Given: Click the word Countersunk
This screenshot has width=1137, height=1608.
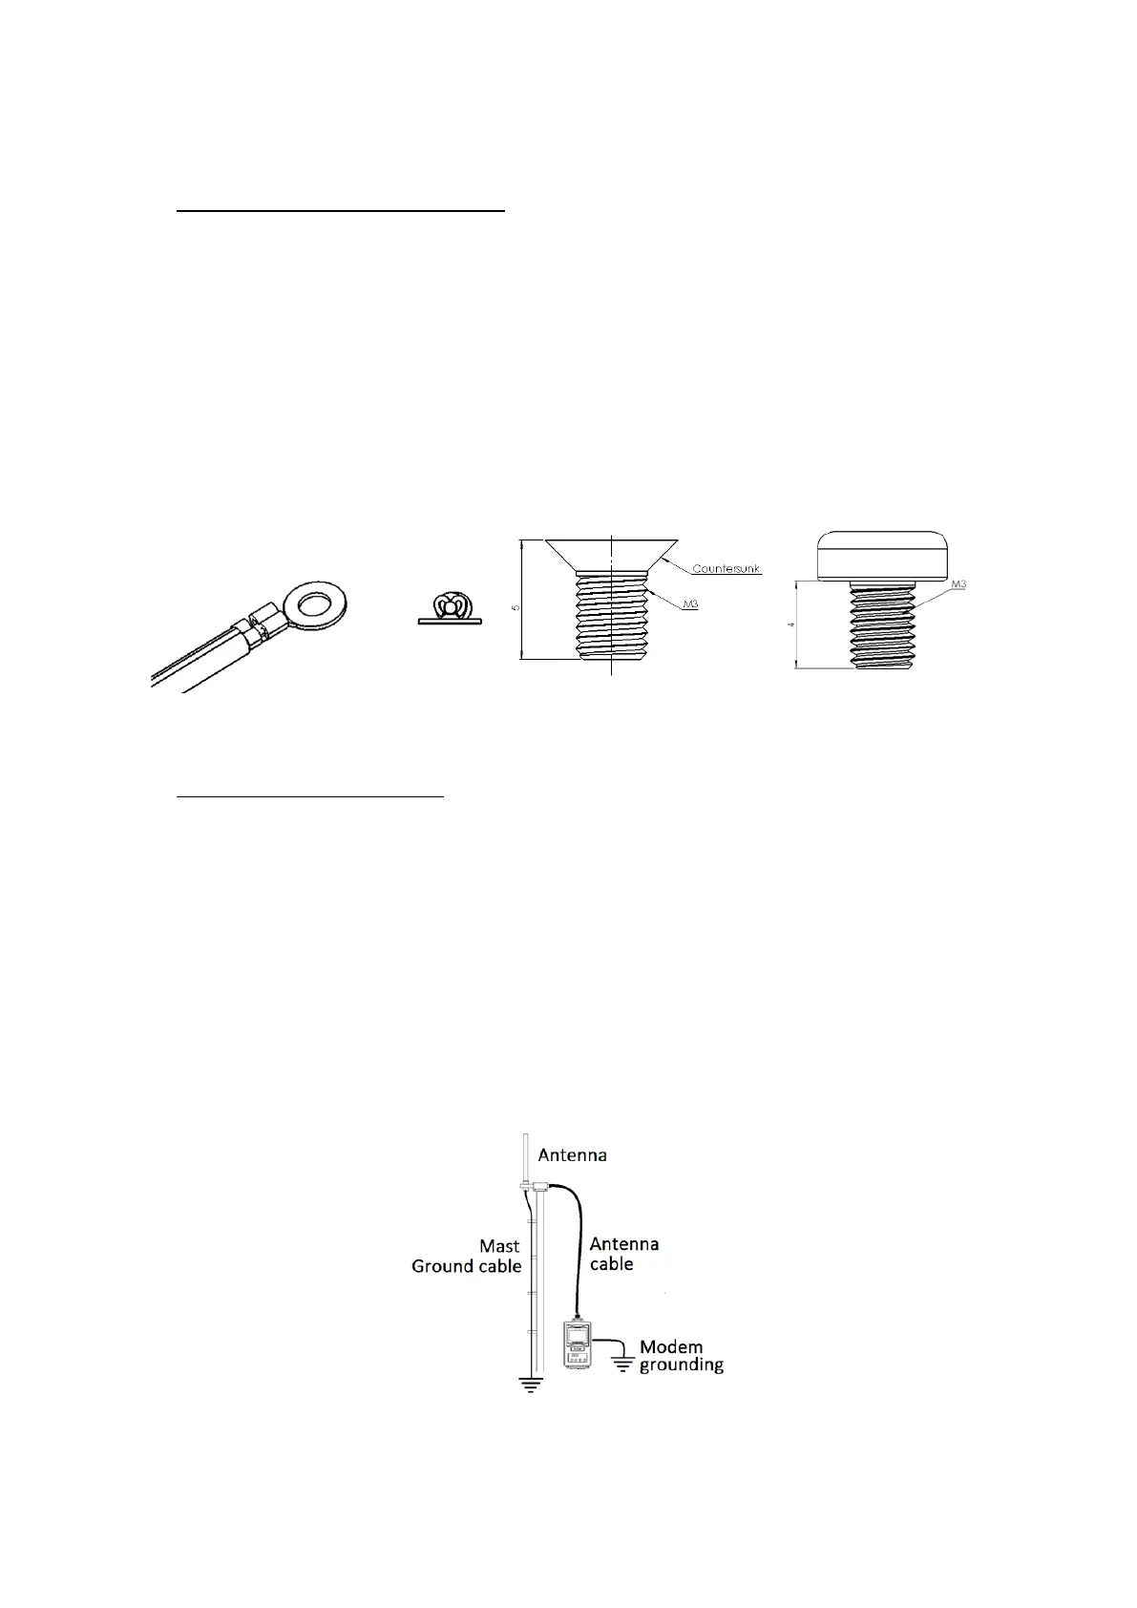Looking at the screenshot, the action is (726, 569).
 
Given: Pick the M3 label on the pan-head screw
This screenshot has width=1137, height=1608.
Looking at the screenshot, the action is (955, 583).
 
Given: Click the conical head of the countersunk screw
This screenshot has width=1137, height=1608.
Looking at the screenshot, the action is (611, 553).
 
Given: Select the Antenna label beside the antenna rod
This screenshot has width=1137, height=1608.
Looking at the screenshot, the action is (572, 1154).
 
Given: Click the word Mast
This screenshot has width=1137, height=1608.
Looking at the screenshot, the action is (499, 1245).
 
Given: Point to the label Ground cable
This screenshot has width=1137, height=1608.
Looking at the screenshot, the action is (466, 1266).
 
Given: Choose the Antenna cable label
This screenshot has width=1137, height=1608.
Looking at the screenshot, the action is (623, 1254).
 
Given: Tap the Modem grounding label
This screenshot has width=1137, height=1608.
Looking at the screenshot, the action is (681, 1356).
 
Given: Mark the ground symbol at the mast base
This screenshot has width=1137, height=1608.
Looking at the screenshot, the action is (530, 1384).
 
